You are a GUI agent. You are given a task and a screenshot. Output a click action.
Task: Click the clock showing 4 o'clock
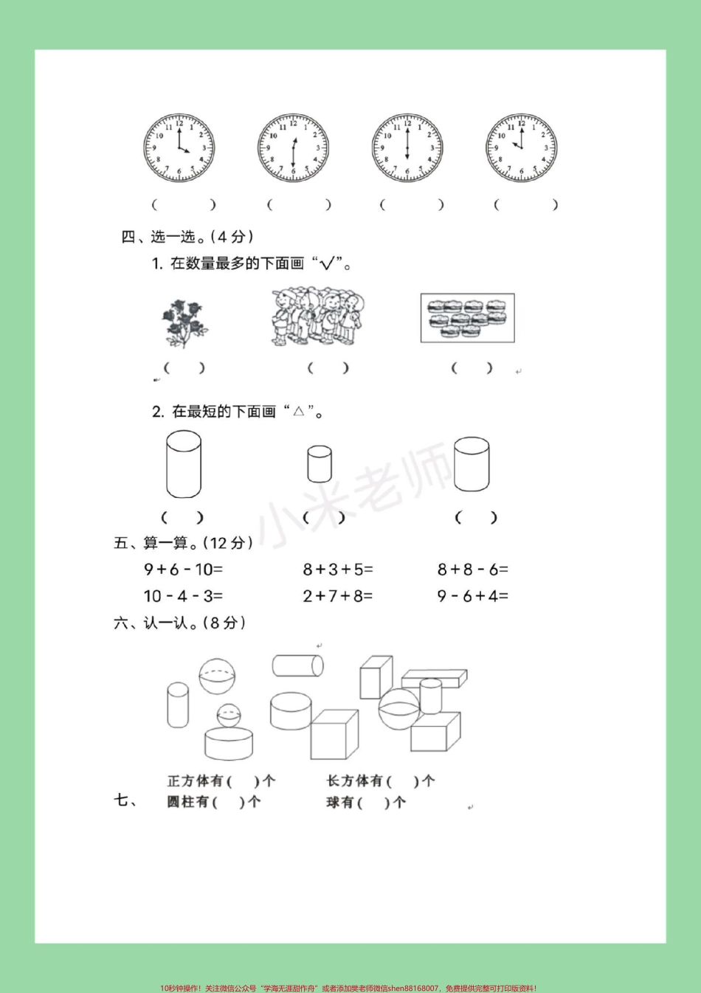click(179, 148)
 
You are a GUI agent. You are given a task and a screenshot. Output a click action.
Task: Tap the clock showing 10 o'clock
click(521, 148)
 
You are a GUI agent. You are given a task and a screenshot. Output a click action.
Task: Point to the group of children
click(317, 319)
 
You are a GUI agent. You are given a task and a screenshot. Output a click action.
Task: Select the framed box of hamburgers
click(467, 318)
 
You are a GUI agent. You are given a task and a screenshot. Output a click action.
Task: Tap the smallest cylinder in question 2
click(320, 463)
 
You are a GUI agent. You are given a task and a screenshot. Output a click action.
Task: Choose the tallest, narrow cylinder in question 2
click(184, 465)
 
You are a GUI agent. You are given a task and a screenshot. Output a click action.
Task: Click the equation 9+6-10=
click(183, 570)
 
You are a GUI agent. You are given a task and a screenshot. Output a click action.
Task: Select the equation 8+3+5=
click(338, 570)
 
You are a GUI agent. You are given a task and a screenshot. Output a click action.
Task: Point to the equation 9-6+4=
click(472, 595)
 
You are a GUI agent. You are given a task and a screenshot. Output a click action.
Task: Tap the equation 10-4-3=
click(183, 595)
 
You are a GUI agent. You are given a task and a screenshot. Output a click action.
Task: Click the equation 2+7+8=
click(338, 595)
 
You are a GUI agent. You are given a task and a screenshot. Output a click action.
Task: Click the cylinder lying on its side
click(297, 665)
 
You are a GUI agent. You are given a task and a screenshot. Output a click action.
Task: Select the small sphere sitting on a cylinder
click(228, 715)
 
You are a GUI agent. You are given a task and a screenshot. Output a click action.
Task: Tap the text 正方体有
click(195, 781)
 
